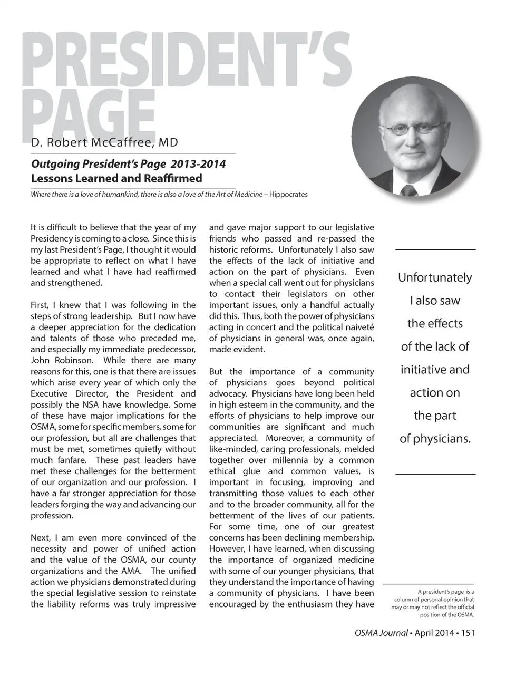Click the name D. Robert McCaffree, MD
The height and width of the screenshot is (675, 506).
(x=104, y=142)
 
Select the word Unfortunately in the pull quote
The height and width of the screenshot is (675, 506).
(x=435, y=277)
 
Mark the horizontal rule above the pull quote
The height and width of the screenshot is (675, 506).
(x=435, y=249)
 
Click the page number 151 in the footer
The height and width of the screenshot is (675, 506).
(x=468, y=633)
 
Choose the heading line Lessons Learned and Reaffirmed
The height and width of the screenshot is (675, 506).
(x=116, y=178)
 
